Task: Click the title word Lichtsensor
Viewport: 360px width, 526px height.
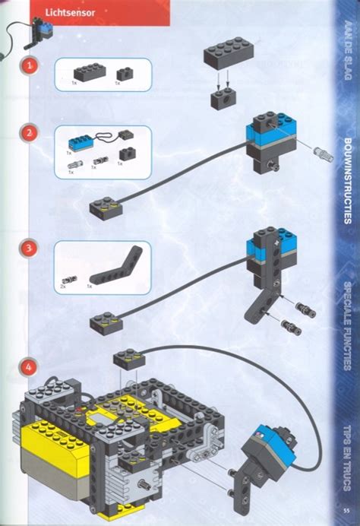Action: (65, 12)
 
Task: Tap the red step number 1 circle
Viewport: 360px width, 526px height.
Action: (29, 66)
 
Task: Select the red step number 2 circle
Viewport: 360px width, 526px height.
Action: (29, 132)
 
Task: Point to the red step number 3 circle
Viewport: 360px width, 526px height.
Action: (29, 248)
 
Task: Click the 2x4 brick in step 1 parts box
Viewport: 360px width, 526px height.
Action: (89, 71)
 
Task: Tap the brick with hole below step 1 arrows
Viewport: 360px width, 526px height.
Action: (222, 99)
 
